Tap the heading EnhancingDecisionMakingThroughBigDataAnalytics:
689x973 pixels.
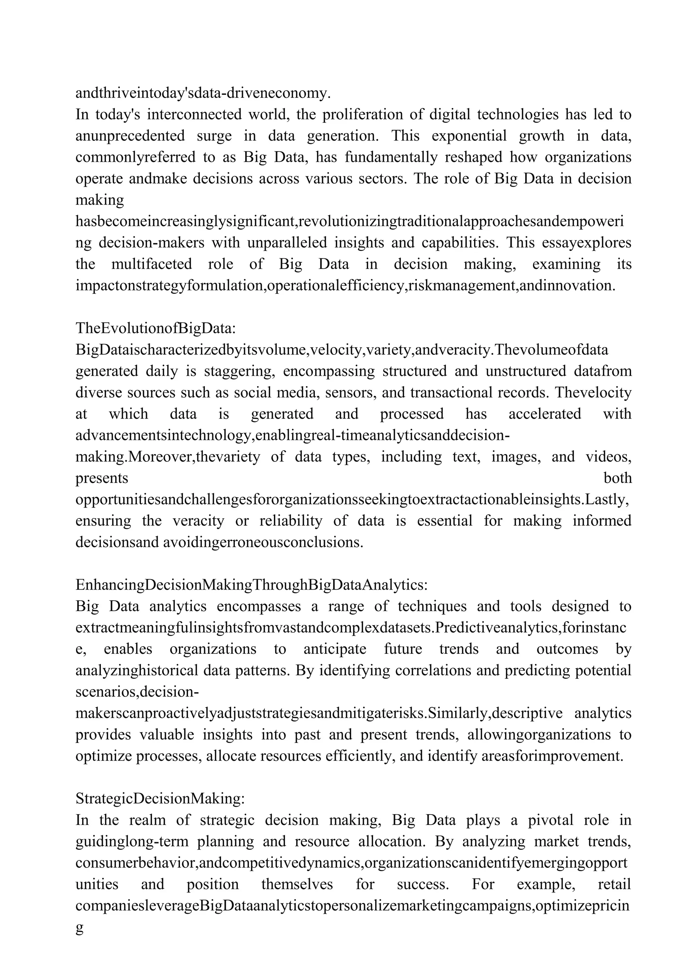click(252, 585)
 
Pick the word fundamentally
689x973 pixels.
click(391, 157)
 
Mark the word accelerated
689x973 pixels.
click(545, 414)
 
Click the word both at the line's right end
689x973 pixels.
click(617, 478)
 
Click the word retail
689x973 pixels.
click(614, 884)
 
